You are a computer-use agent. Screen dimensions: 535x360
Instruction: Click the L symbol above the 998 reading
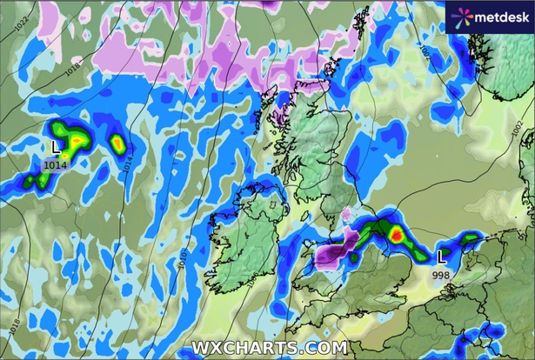pyautogui.click(x=443, y=257)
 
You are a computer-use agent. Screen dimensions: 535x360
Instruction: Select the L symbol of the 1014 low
pyautogui.click(x=57, y=147)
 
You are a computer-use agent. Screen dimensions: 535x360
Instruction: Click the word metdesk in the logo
pyautogui.click(x=499, y=16)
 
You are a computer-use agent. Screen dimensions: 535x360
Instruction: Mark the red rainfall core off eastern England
pyautogui.click(x=396, y=233)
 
